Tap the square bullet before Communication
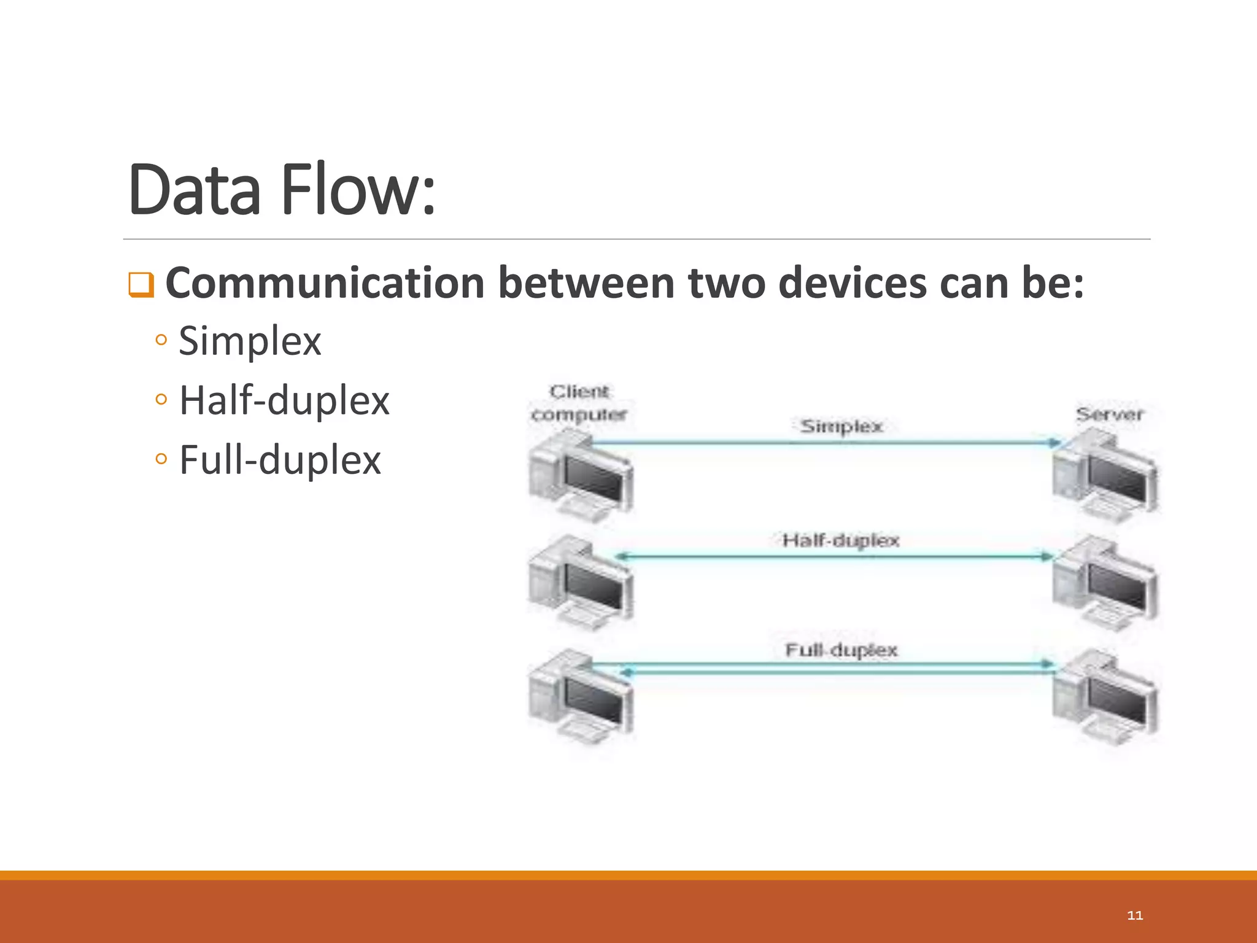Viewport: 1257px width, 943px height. tap(141, 285)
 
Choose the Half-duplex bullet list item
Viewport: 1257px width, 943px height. tap(284, 400)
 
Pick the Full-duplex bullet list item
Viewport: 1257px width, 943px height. tap(279, 460)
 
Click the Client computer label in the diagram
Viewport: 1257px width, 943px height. tap(579, 403)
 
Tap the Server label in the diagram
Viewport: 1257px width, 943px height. tap(1110, 414)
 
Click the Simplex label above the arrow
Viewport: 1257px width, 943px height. tap(841, 426)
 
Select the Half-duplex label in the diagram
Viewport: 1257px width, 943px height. tap(841, 541)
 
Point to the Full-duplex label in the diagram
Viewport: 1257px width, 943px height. tap(841, 650)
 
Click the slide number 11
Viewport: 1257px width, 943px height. tap(1135, 915)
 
